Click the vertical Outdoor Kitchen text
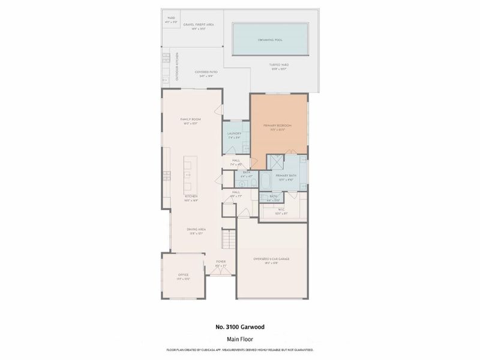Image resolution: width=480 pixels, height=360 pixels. pos(177,67)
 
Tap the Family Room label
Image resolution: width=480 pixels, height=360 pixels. pos(191,121)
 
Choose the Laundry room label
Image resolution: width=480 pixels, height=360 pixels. pos(235,134)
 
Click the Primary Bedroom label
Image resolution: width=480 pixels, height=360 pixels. pos(277,126)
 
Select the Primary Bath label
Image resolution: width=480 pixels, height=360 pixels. pos(284,176)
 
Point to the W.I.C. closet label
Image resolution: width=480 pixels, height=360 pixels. pos(282,211)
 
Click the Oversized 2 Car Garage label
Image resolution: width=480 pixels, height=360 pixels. pos(272,260)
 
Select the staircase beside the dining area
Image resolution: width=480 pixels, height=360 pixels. pos(227,241)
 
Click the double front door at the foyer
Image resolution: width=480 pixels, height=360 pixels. pos(221,271)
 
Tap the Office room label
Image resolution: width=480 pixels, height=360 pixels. pos(182,276)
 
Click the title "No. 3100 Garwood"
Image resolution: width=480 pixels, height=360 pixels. pos(239,327)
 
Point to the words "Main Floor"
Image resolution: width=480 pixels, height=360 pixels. pos(239,339)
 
